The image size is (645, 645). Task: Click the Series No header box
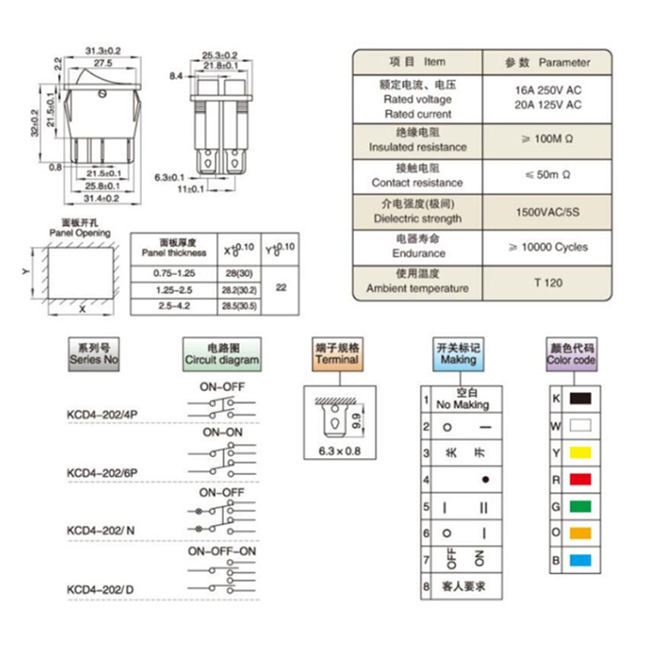coord(95,354)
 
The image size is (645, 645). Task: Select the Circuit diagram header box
coord(223,354)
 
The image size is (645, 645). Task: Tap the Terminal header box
coord(336,354)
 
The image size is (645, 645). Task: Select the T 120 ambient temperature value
coord(547,283)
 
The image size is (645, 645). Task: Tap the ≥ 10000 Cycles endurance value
coord(547,248)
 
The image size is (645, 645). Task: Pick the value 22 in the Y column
coord(281,287)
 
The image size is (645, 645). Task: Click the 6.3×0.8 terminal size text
coord(337,450)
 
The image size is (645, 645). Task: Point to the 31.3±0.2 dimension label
coord(102,52)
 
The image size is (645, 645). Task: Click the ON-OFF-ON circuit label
coord(222,551)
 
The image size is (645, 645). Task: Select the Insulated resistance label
coord(418,148)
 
